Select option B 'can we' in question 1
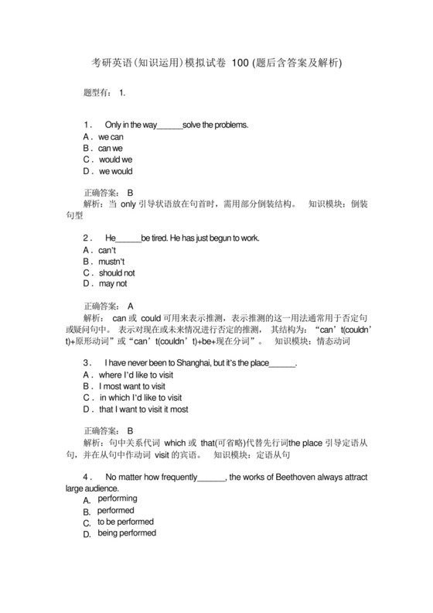(x=110, y=148)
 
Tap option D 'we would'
(x=115, y=171)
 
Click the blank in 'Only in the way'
(x=169, y=125)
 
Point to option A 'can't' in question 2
(x=106, y=251)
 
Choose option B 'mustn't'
(x=111, y=262)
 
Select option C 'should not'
(x=116, y=273)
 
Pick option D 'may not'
(x=112, y=284)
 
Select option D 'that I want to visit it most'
(x=144, y=409)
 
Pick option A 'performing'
(x=117, y=499)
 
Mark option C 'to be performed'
(x=125, y=522)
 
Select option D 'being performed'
(x=126, y=533)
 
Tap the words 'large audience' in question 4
(x=92, y=489)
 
